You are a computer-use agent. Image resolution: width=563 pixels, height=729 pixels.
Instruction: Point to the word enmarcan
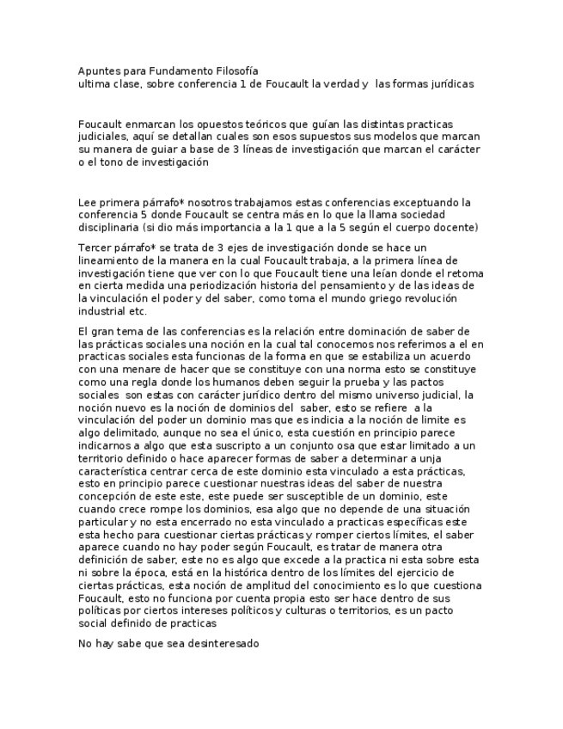pos(157,125)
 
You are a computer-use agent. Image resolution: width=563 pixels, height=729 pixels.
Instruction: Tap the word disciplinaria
pos(109,227)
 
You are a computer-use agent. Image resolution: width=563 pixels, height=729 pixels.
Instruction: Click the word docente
pos(451,227)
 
